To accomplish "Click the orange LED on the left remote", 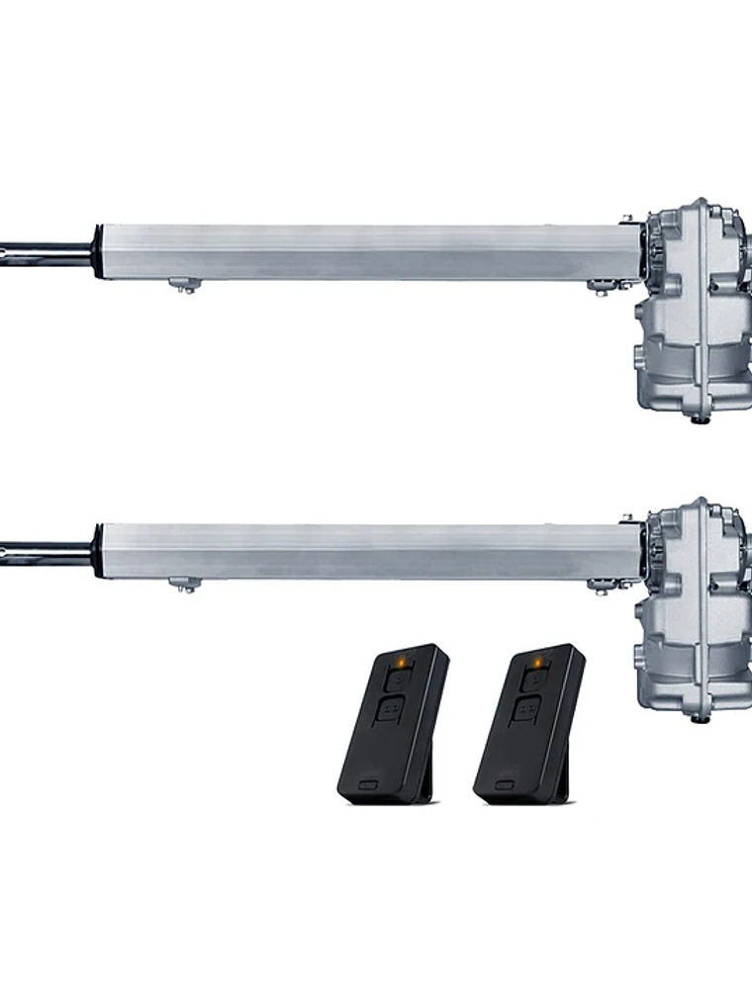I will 401,662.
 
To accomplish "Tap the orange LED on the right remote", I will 537,662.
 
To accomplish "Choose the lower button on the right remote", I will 526,710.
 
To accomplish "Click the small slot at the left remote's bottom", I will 368,785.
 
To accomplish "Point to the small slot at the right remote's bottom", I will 505,785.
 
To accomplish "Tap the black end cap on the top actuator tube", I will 97,252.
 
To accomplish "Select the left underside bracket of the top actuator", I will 184,285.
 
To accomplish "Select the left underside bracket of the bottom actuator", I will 184,585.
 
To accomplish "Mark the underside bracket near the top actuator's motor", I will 604,286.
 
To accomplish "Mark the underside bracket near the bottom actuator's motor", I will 604,586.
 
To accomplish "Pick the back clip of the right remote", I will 563,781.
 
